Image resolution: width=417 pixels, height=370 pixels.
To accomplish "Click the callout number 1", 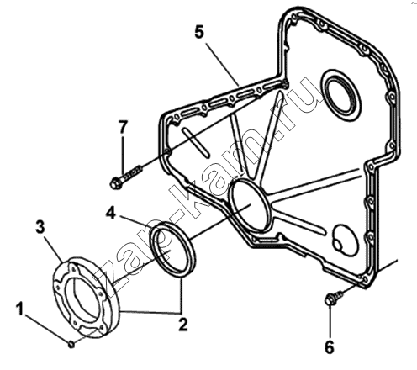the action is pos(20,309).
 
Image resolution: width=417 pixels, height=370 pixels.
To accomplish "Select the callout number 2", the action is pos(183,325).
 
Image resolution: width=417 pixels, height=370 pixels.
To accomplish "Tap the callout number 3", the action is pos(40,227).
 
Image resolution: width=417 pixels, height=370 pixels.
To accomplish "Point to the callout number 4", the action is pos(111,214).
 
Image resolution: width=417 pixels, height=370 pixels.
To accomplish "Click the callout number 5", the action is pos(199,32).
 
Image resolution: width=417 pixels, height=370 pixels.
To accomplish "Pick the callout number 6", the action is pos(330,347).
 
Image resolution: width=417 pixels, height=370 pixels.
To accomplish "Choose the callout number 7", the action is pos(123,127).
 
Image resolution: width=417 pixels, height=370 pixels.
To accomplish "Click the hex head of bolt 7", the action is pos(116,184).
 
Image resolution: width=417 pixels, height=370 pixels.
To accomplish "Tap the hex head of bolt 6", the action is pos(330,299).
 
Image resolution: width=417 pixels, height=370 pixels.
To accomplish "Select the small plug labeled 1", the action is pos(71,344).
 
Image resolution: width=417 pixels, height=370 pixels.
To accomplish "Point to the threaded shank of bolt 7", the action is pos(132,175).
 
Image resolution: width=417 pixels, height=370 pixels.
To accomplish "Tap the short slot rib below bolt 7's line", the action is pos(196,142).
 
